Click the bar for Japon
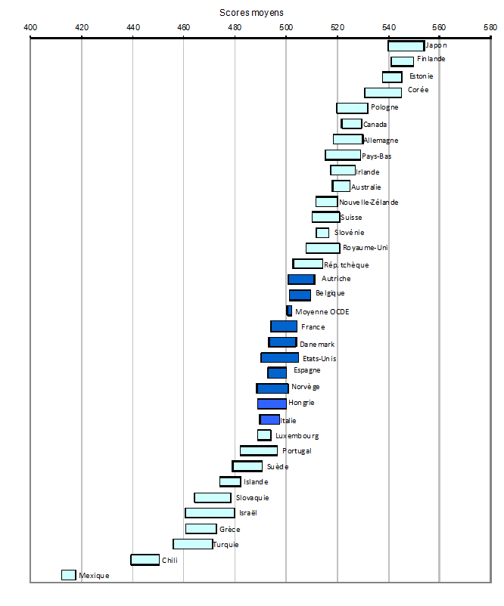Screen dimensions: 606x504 406,46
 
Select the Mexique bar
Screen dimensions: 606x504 69,575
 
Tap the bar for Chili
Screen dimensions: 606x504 145,560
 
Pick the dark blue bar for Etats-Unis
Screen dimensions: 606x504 279,357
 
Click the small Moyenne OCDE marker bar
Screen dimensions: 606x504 288,311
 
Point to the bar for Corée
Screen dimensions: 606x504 383,92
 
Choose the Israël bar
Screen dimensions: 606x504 210,513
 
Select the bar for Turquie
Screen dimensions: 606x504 192,544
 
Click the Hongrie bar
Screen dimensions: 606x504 272,403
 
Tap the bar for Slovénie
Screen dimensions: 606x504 322,233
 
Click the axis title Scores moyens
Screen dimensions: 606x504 252,13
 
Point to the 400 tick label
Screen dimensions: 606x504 30,28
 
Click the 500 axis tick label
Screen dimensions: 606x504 286,28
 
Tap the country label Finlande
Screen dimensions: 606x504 431,59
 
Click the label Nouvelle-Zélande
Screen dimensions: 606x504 369,202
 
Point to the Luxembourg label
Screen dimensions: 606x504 297,436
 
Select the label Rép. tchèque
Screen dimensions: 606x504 347,264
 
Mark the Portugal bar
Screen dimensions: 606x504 259,451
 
